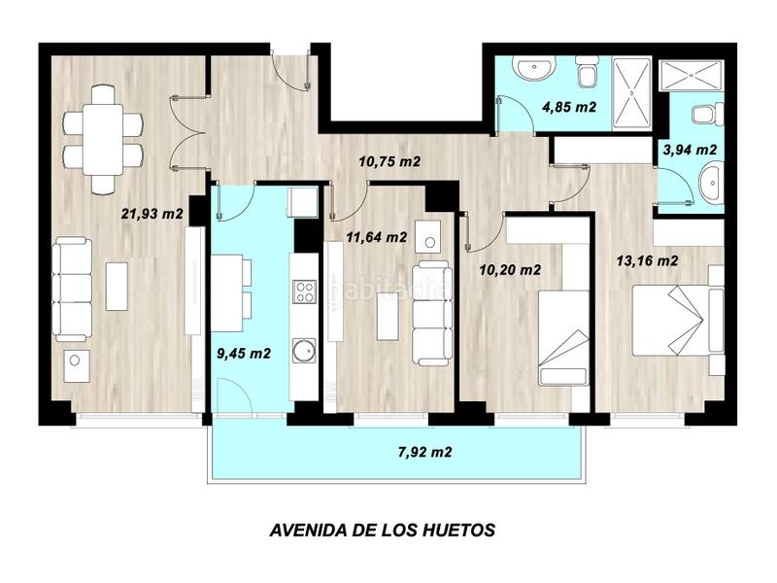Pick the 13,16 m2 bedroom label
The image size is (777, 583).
pos(647,259)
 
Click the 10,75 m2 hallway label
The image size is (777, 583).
pos(391,162)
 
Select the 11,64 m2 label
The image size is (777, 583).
pos(376,236)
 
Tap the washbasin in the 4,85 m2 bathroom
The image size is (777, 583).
pos(532,69)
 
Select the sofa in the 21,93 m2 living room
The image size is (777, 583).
pos(71,289)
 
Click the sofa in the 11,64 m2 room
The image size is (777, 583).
pos(430,311)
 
